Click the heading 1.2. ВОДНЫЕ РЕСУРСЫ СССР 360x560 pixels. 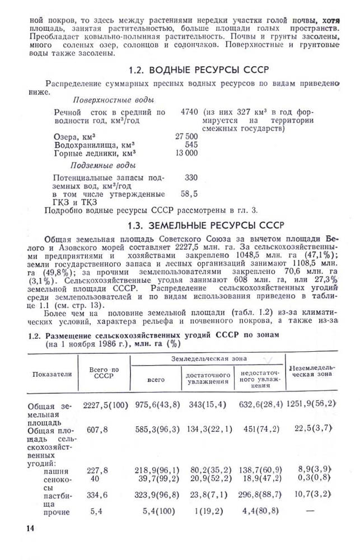coord(199,70)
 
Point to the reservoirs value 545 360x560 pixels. coord(191,144)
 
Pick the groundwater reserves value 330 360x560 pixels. coord(191,178)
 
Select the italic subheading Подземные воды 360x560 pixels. coord(102,165)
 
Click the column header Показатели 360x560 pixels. coord(52,374)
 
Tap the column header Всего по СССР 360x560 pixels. coord(104,373)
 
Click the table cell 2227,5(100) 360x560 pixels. coord(105,404)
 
